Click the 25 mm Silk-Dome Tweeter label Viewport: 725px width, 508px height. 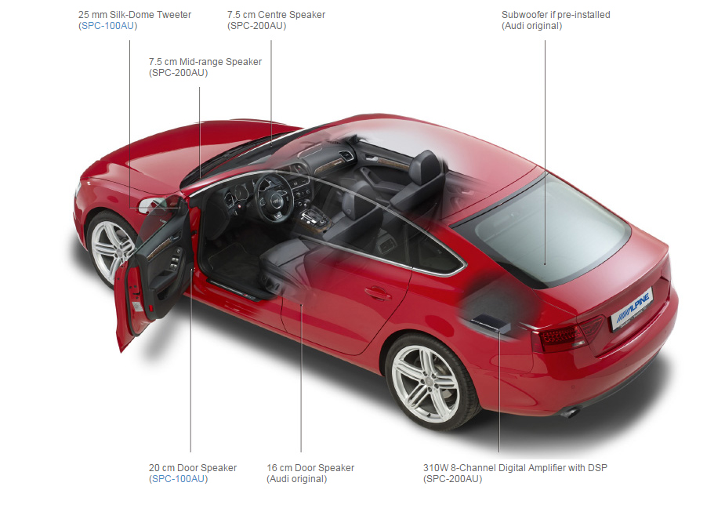coord(134,15)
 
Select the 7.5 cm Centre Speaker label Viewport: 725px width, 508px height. coord(276,15)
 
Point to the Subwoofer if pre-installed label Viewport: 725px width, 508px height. coord(555,15)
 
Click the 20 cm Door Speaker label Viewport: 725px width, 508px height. coord(192,468)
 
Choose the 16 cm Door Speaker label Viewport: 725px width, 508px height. coord(310,468)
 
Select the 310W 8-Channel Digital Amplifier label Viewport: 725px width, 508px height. coord(514,468)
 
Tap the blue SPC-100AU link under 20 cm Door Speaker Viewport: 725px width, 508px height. coord(179,479)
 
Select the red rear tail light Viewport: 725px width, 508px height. coord(562,336)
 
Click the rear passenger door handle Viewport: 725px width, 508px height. coord(378,293)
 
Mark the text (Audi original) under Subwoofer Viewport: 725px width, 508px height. coord(531,26)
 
